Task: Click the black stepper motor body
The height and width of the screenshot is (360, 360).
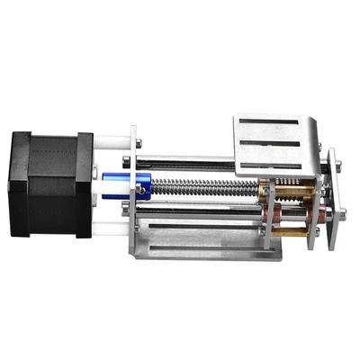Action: tap(49, 184)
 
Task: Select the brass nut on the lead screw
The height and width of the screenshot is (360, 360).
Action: tap(267, 192)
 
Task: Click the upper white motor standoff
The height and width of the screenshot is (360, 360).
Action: tap(110, 142)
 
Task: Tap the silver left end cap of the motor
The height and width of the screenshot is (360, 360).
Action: tap(13, 184)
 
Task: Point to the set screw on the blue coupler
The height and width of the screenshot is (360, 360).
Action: tap(140, 190)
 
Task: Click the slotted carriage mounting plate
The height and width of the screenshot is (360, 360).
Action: tap(274, 144)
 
